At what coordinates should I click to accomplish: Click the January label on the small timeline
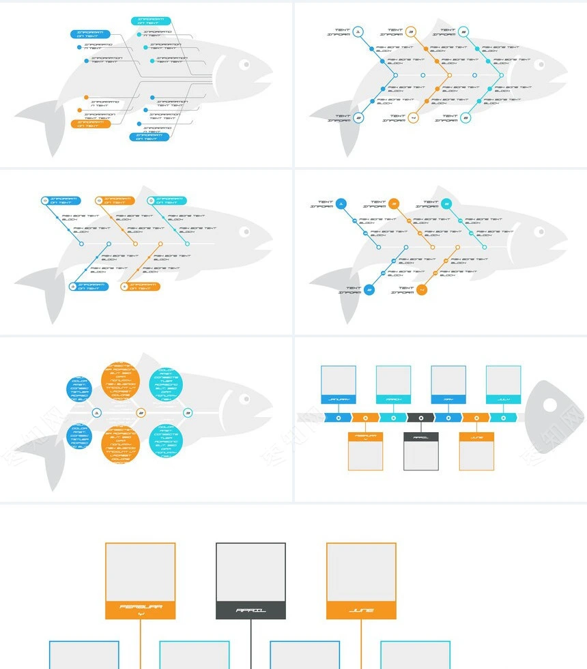(339, 399)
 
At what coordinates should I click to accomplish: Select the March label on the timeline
(394, 399)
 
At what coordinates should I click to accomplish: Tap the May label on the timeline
(448, 399)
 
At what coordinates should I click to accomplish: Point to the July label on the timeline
(504, 399)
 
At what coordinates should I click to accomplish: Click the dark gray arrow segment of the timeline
(420, 417)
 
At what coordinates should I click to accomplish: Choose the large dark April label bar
(250, 610)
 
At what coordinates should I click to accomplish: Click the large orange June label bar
(361, 610)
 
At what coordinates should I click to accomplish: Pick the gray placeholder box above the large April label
(250, 572)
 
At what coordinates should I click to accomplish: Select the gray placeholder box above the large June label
(361, 572)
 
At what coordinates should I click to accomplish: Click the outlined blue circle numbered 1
(358, 31)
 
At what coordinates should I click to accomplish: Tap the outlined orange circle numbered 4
(413, 118)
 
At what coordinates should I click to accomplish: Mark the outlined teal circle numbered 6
(466, 118)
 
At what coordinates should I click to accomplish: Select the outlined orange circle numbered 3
(411, 31)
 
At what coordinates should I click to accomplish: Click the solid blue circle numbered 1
(341, 203)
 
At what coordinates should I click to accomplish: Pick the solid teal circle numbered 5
(446, 203)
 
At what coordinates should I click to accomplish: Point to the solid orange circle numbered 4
(422, 289)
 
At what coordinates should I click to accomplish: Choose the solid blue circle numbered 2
(369, 289)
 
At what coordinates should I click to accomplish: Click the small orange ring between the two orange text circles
(141, 413)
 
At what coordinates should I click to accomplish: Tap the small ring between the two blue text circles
(96, 413)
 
